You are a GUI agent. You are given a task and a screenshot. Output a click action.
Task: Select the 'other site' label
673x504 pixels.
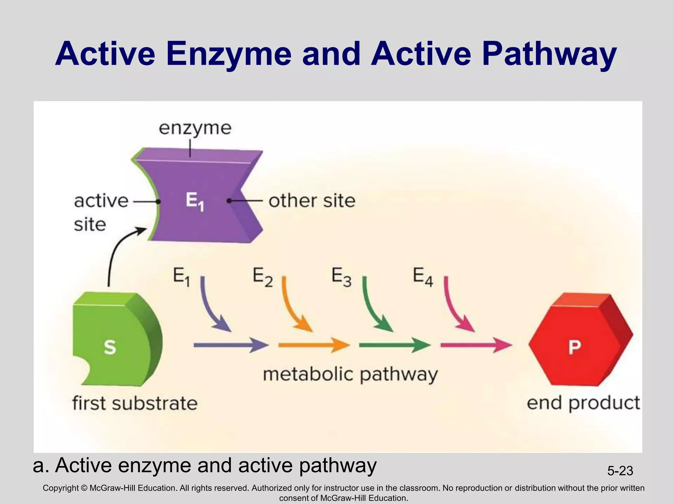(x=312, y=200)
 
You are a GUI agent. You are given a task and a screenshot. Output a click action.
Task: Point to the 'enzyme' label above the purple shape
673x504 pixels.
(x=195, y=128)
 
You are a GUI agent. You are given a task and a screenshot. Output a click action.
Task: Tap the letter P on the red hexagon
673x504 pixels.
(x=574, y=347)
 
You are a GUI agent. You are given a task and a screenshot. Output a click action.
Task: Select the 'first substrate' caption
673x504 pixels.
(x=135, y=403)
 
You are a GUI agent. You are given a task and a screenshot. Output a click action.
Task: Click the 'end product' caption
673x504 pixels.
(x=583, y=403)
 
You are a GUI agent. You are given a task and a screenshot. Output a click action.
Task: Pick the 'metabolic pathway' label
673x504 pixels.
(x=350, y=374)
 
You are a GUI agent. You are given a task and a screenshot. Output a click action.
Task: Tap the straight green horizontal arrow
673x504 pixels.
(x=394, y=345)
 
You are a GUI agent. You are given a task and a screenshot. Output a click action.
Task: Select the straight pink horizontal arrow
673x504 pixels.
(x=476, y=345)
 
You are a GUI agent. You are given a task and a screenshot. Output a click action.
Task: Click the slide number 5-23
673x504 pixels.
(x=620, y=471)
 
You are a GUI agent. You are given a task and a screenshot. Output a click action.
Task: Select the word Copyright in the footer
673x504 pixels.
(x=61, y=488)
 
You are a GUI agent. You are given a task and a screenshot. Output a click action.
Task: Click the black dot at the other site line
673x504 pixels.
(x=229, y=200)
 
